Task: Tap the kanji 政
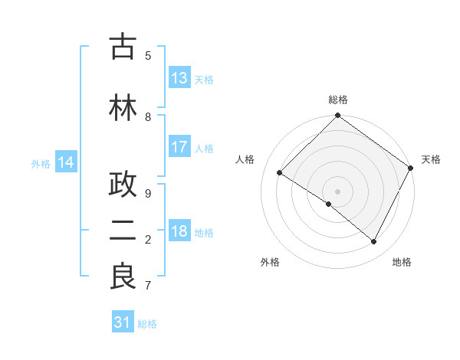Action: coord(123,185)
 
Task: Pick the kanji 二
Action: coord(123,232)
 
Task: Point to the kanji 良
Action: coord(123,277)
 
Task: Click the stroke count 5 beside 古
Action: coord(148,55)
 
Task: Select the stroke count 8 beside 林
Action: coord(148,117)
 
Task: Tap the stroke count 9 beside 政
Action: coord(148,194)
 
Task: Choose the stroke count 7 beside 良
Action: coord(148,286)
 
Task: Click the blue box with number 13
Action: coord(179,78)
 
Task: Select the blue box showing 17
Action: coord(179,147)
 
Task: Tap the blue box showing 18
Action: coord(179,231)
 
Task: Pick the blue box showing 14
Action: coord(66,162)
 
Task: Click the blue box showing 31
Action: coord(123,322)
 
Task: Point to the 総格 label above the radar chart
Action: coord(337,100)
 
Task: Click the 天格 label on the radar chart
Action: coord(431,159)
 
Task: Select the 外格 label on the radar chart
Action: coord(269,262)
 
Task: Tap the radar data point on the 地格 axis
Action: coord(374,242)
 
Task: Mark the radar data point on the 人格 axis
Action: coord(280,173)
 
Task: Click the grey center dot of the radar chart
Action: coord(337,191)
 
